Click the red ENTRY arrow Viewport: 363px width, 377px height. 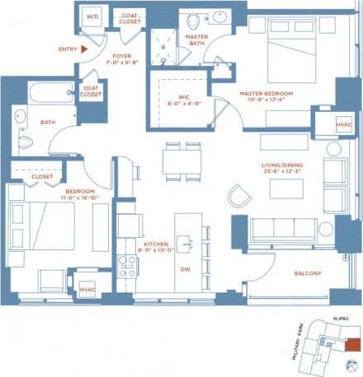(84, 49)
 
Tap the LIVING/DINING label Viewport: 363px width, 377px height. (279, 165)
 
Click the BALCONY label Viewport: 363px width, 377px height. (307, 273)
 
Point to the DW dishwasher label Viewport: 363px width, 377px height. (185, 269)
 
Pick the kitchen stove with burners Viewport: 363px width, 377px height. (128, 265)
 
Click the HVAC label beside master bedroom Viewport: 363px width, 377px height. (343, 124)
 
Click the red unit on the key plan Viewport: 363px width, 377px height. (353, 343)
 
